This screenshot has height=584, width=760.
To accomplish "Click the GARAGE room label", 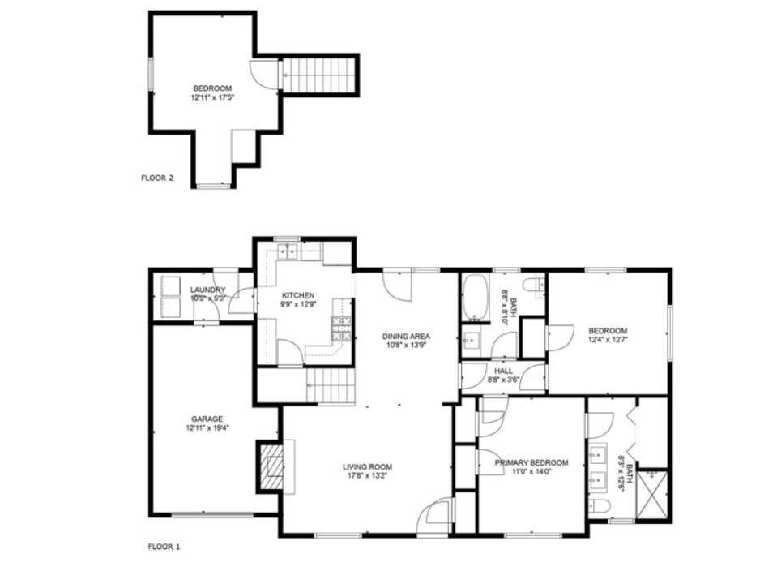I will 207,419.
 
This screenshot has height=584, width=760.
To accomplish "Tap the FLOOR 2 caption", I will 156,178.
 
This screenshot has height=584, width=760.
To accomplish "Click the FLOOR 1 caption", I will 164,547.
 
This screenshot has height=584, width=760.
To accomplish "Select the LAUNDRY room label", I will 207,290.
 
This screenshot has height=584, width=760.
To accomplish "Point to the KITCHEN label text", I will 297,295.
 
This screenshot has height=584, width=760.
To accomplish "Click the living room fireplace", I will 272,466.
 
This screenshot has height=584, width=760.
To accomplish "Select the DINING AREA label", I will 406,336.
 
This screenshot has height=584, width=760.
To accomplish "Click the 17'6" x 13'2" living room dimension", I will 367,477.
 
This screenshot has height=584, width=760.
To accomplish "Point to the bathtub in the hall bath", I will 474,298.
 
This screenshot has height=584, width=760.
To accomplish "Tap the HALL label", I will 503,370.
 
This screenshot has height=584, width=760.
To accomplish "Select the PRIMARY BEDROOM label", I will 532,463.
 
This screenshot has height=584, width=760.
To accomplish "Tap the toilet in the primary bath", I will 600,507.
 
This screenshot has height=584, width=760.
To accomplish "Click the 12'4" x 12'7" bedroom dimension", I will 608,341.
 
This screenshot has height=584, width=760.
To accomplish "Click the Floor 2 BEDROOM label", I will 211,88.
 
